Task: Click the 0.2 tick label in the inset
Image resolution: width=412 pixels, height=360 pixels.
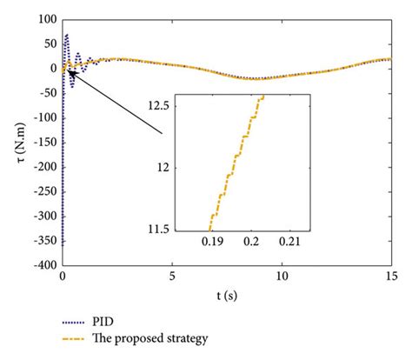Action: tap(252, 241)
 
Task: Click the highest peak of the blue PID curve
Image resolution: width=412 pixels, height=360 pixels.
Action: tap(67, 36)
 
